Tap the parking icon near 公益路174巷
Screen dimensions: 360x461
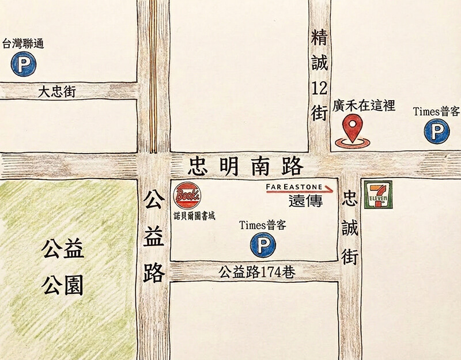pyautogui.click(x=262, y=246)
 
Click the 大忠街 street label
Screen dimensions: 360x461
pyautogui.click(x=58, y=91)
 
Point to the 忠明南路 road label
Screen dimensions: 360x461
pyautogui.click(x=245, y=167)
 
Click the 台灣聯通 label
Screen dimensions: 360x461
pyautogui.click(x=23, y=44)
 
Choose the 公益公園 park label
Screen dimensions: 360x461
pyautogui.click(x=63, y=267)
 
